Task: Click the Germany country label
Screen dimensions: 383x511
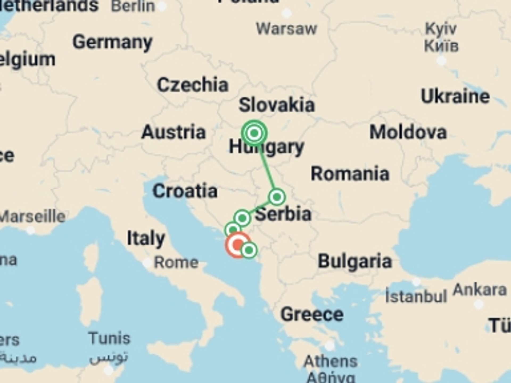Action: pos(112,43)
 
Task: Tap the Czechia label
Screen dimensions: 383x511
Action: pos(193,85)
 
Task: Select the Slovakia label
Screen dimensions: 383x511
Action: pos(277,105)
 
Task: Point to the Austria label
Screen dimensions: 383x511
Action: pos(174,132)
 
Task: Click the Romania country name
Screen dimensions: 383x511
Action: pos(350,174)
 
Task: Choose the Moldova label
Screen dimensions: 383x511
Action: pos(408,132)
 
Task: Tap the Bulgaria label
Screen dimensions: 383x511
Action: pos(355,261)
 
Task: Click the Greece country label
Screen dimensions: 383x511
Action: pos(312,314)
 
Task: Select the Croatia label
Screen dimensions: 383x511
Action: pos(185,191)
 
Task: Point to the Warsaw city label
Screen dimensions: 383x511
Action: pos(286,29)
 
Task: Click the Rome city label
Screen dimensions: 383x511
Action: pos(176,263)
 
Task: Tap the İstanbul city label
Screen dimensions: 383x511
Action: pos(416,296)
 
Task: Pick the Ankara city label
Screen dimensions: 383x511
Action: pos(480,290)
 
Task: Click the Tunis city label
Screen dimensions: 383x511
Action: pos(109,338)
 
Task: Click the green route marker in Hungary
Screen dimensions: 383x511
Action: pos(254,133)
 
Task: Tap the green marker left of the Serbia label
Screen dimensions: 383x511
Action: pos(242,218)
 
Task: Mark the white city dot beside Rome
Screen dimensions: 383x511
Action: pos(147,263)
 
